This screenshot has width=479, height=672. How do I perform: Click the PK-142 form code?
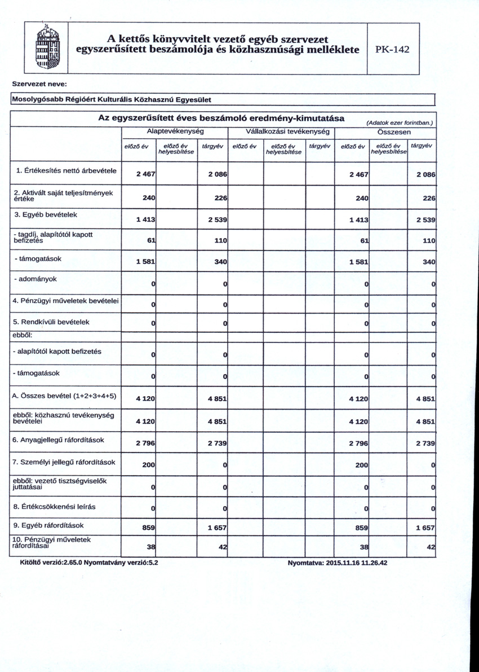[x=393, y=49]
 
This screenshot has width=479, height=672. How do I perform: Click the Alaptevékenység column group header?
[x=175, y=131]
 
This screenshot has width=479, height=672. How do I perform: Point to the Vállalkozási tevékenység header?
[x=280, y=131]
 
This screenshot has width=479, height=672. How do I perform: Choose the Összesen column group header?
[x=385, y=131]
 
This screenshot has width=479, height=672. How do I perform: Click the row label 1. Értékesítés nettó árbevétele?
[x=64, y=170]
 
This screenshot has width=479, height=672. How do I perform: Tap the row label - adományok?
[x=34, y=279]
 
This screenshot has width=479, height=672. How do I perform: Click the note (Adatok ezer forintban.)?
[x=399, y=122]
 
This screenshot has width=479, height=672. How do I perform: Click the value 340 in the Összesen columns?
[x=429, y=262]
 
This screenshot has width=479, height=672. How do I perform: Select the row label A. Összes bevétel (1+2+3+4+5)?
[x=64, y=396]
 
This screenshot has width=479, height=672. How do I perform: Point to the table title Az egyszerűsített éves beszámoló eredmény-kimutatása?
[x=221, y=118]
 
